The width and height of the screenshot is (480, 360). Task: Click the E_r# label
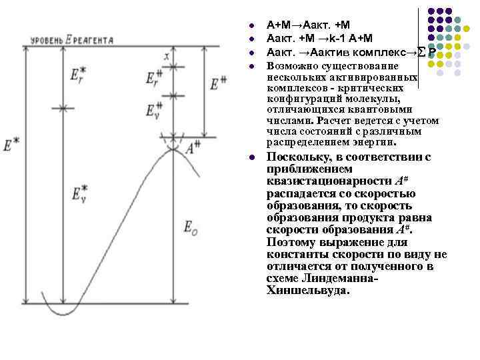(153, 79)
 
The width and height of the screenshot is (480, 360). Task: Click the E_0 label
(190, 227)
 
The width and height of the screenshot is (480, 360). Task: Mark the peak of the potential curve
(173, 149)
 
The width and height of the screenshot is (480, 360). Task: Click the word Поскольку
(298, 157)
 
